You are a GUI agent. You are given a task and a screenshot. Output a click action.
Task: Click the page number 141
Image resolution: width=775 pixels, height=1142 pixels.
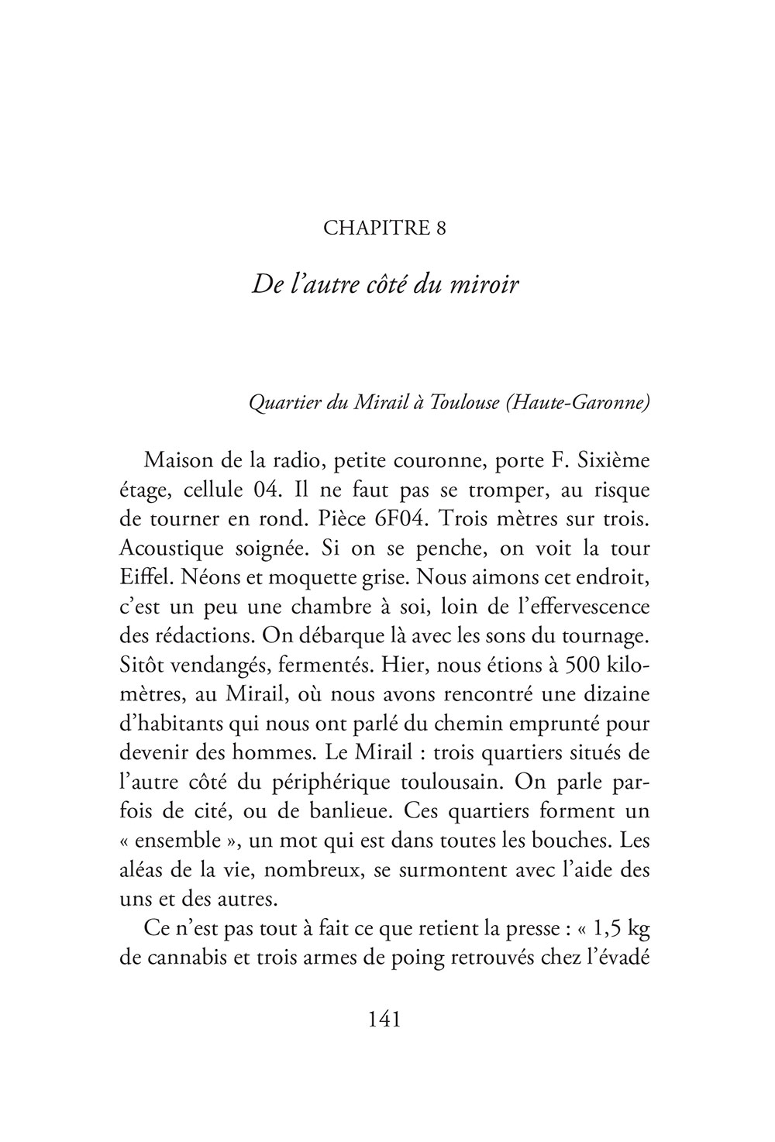(x=385, y=1020)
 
